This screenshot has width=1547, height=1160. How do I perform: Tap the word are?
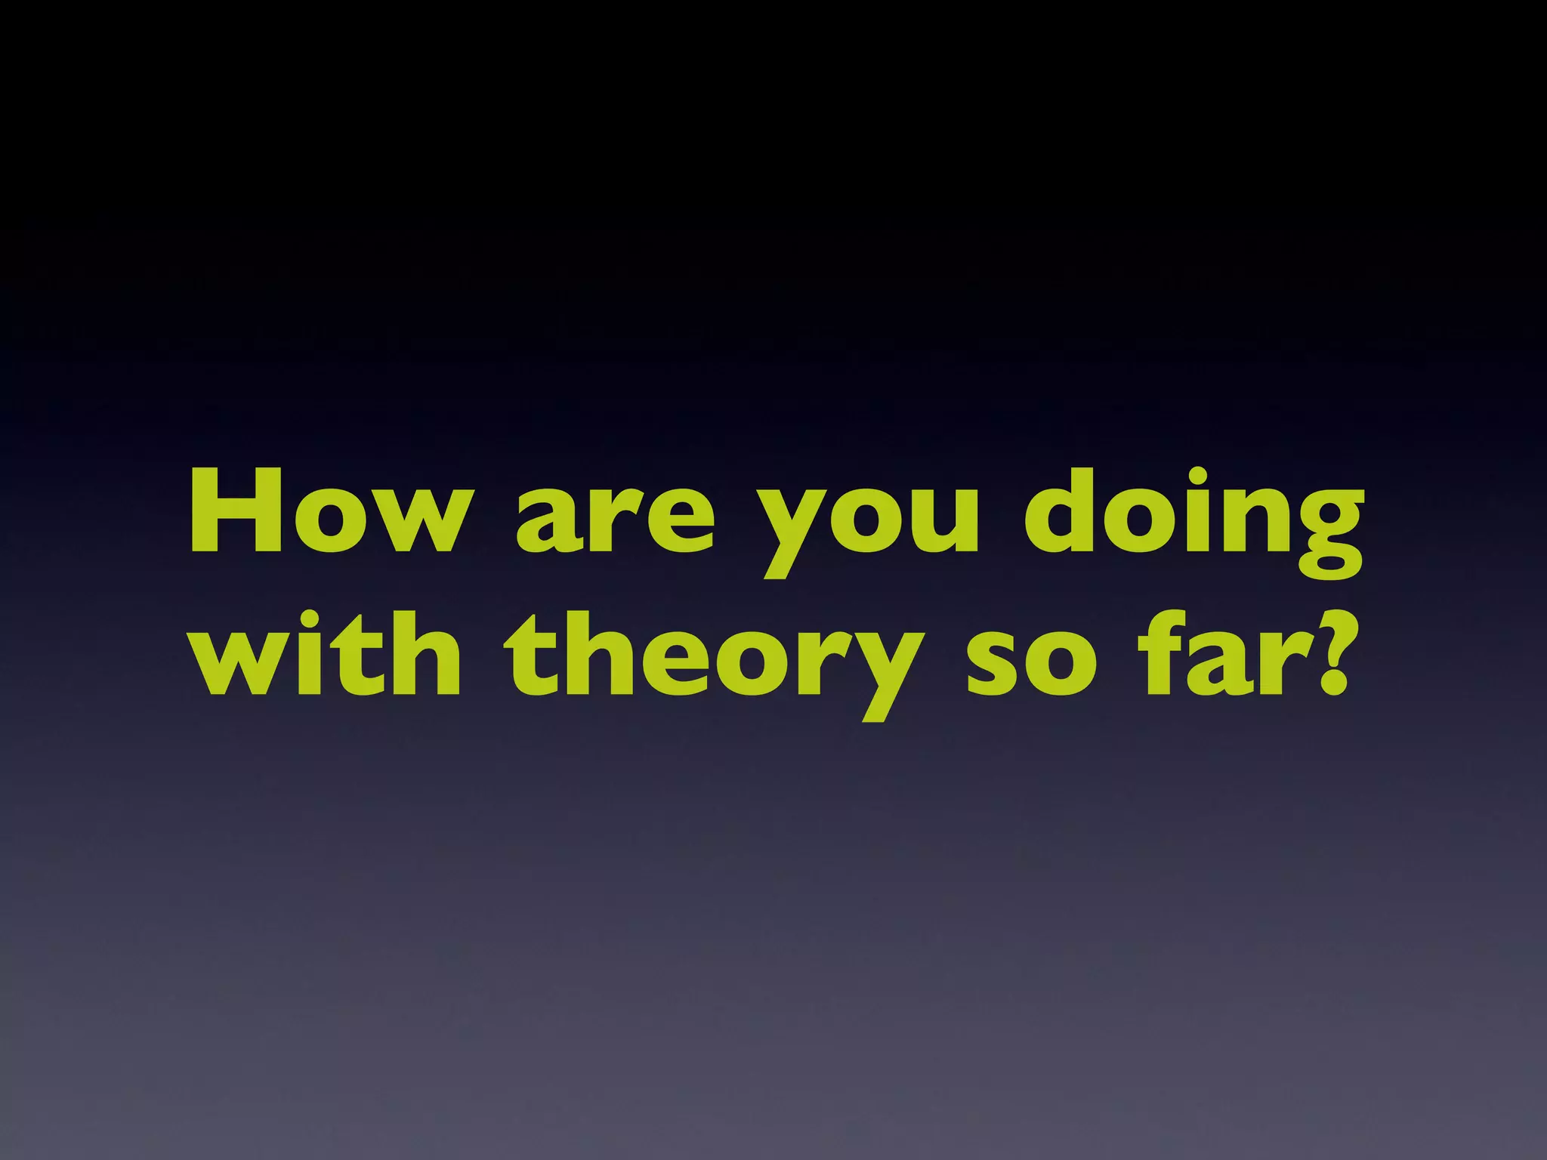[x=614, y=521]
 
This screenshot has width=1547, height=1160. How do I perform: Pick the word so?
[x=1030, y=665]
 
